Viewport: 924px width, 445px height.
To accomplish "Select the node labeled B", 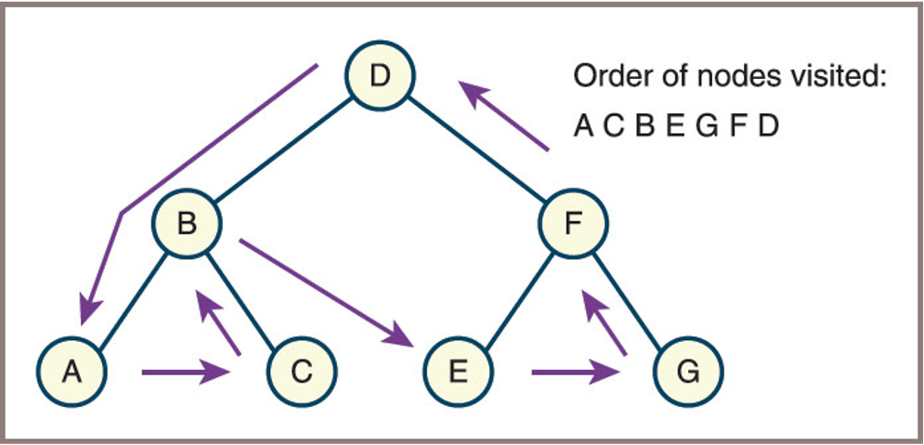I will point(188,226).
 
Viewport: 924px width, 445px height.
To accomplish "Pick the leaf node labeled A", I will point(72,372).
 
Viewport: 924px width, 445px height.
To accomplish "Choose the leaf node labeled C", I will point(302,372).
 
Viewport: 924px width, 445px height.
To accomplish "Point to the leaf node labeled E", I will point(458,372).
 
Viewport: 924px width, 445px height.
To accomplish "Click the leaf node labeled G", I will point(688,372).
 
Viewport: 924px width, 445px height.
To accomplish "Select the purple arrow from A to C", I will point(186,373).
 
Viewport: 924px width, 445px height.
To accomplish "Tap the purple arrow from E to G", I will point(576,373).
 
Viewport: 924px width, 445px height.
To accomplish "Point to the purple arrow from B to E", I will point(325,290).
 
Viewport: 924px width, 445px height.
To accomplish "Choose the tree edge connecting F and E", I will point(516,297).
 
